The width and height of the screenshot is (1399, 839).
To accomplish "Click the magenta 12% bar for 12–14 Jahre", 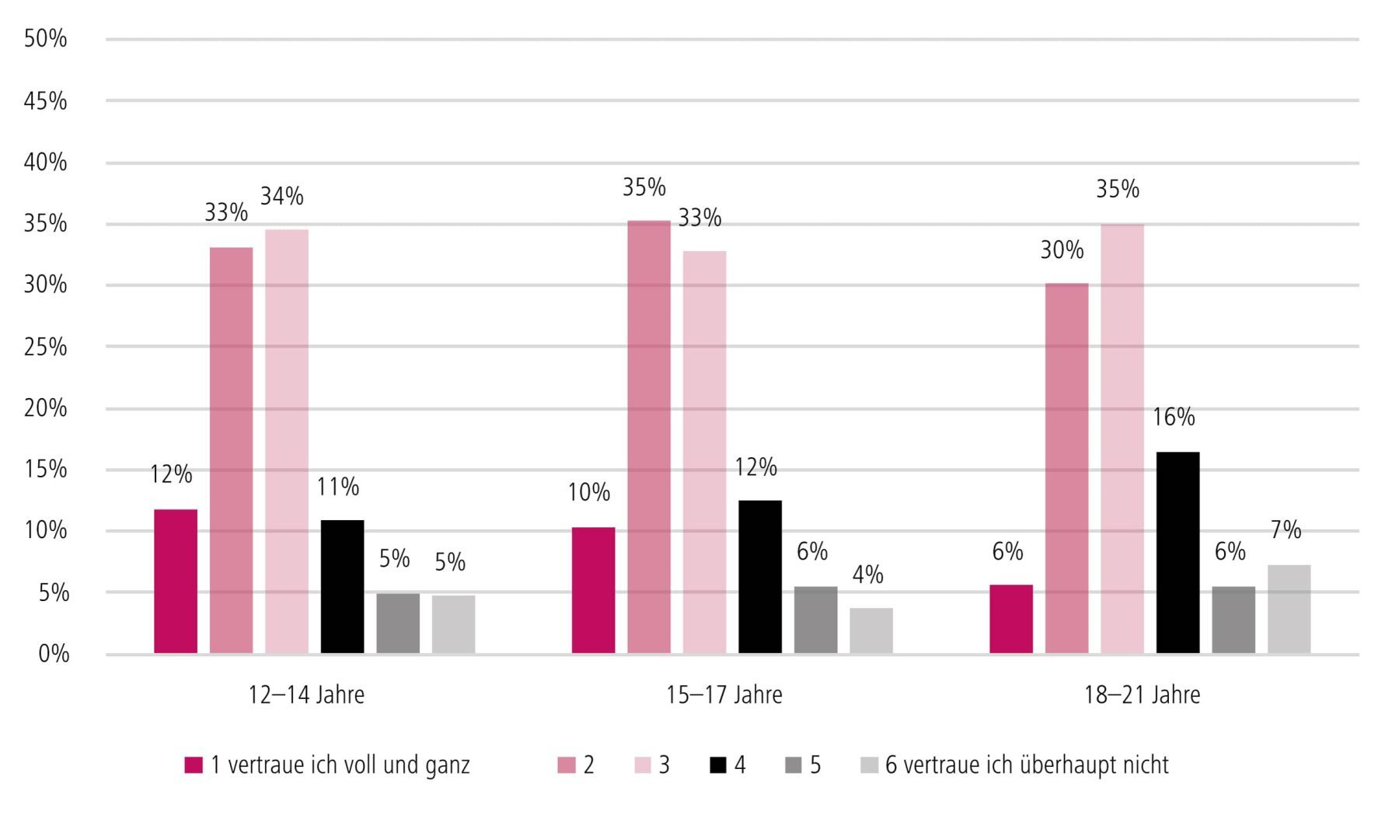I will [x=176, y=581].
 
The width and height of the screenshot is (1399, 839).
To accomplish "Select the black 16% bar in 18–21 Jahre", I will [x=1177, y=552].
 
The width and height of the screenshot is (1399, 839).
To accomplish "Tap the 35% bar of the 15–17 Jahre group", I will [x=649, y=437].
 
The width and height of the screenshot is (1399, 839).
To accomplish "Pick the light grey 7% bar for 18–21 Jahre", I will [x=1289, y=609].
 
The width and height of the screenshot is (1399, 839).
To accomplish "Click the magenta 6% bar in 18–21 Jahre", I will [x=1011, y=619].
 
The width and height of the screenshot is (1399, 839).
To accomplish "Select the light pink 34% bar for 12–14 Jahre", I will [x=287, y=441].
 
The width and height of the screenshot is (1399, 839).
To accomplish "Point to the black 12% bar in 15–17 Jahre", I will [x=760, y=576].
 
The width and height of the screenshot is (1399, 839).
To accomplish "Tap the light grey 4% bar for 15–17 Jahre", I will [x=871, y=631].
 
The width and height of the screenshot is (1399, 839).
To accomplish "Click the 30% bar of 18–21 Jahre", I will [x=1066, y=468].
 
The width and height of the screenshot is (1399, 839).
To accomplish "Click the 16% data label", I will [x=1174, y=418].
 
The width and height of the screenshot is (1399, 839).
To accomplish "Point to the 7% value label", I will [x=1286, y=530].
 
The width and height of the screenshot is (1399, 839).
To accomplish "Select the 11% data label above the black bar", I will [x=338, y=488].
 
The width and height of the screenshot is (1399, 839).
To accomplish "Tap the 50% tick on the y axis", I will [x=46, y=39].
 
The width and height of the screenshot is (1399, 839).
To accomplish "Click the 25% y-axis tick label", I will [x=46, y=347].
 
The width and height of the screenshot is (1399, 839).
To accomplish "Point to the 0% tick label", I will [x=54, y=654].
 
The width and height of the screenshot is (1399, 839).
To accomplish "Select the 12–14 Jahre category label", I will [x=306, y=694].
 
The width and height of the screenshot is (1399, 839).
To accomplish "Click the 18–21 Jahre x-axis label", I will [x=1142, y=694].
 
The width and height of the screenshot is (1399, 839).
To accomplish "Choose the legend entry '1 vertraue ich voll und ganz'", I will [x=340, y=765].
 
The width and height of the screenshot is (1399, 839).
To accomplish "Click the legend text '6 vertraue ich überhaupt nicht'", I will [x=1026, y=765].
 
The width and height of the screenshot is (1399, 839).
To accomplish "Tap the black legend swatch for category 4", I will [x=718, y=765].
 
